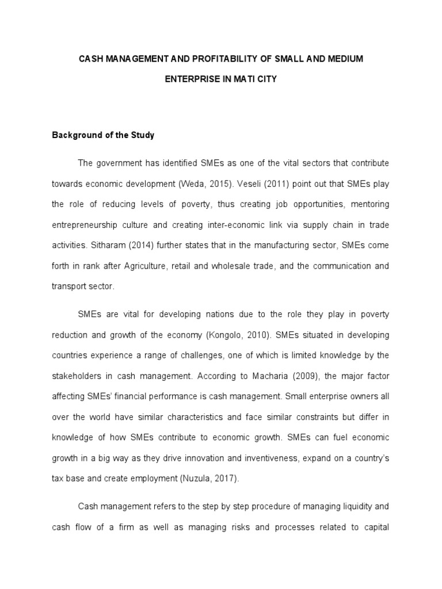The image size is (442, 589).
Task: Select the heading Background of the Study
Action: coord(104,136)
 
